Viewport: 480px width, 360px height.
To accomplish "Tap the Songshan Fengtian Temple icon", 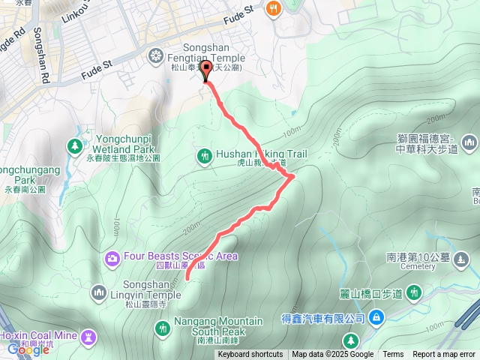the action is [x=155, y=54].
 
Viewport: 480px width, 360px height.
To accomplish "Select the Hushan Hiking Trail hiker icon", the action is [x=204, y=155].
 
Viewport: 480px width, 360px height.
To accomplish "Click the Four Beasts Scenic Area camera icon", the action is [x=112, y=258].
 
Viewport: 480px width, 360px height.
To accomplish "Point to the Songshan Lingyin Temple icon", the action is [x=100, y=291].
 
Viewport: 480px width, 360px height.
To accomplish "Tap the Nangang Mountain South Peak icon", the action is [x=163, y=327].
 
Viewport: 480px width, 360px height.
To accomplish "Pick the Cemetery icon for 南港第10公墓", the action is [x=463, y=261].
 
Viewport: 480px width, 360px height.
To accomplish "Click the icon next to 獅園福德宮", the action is [x=470, y=141].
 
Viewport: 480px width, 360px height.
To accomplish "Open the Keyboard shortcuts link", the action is [x=250, y=355].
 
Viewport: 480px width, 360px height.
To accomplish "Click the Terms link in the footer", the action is [x=393, y=355].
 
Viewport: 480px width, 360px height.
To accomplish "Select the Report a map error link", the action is [x=444, y=355].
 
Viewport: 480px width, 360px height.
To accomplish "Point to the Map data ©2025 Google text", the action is [x=332, y=355].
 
